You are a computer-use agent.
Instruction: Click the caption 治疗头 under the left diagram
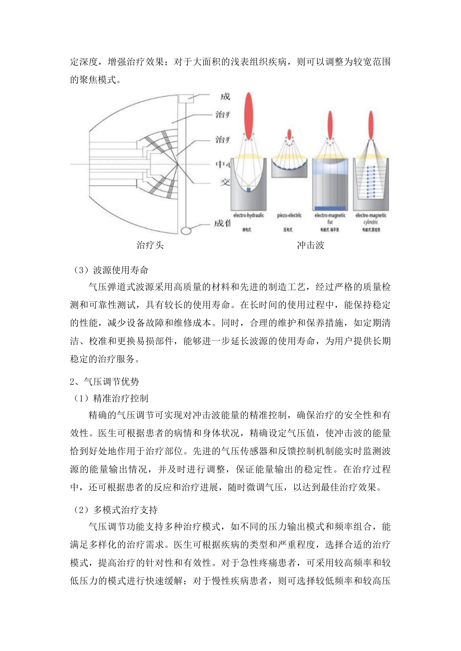click(x=150, y=245)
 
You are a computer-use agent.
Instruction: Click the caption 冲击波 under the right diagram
click(x=310, y=245)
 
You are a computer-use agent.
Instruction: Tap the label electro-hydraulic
click(x=248, y=215)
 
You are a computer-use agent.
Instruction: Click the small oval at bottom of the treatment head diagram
click(x=186, y=230)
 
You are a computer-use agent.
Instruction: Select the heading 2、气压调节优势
click(x=104, y=382)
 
